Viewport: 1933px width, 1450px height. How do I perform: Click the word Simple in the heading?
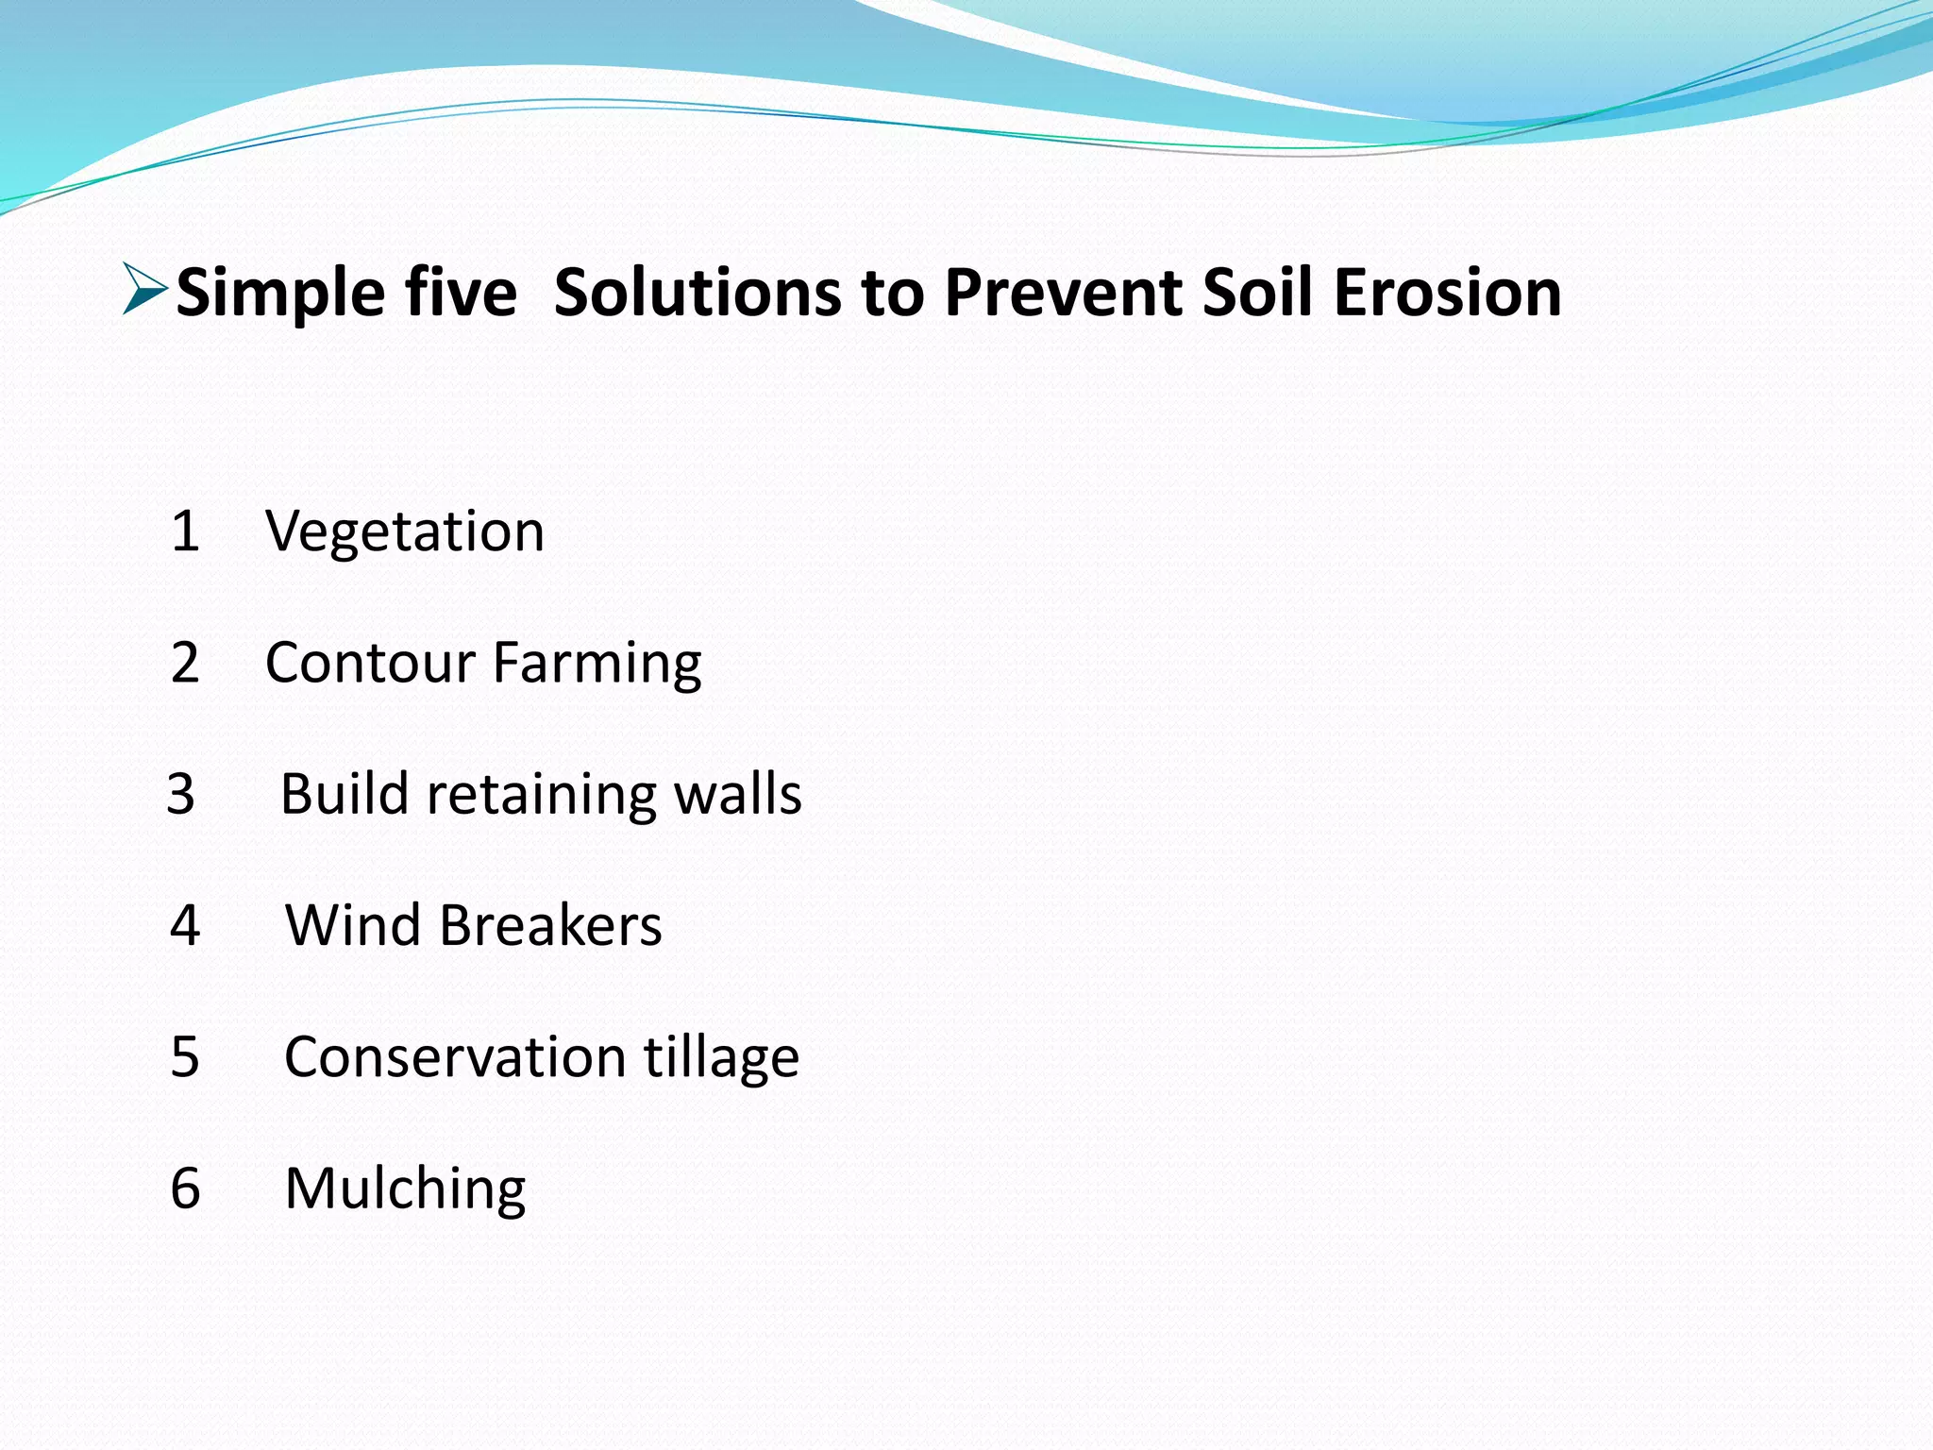[x=279, y=294]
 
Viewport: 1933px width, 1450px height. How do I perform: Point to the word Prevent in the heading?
[x=1063, y=292]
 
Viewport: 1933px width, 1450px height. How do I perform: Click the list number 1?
[x=185, y=531]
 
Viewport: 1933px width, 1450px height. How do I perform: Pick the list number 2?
[x=185, y=663]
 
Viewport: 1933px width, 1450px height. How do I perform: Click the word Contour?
[x=370, y=663]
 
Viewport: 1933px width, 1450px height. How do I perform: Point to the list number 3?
[x=181, y=794]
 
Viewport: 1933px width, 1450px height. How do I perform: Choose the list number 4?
[x=185, y=925]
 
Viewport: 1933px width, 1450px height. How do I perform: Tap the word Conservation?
[x=455, y=1056]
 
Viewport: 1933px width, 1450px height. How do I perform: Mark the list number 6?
[x=185, y=1188]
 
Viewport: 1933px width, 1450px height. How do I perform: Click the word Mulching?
[x=405, y=1189]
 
